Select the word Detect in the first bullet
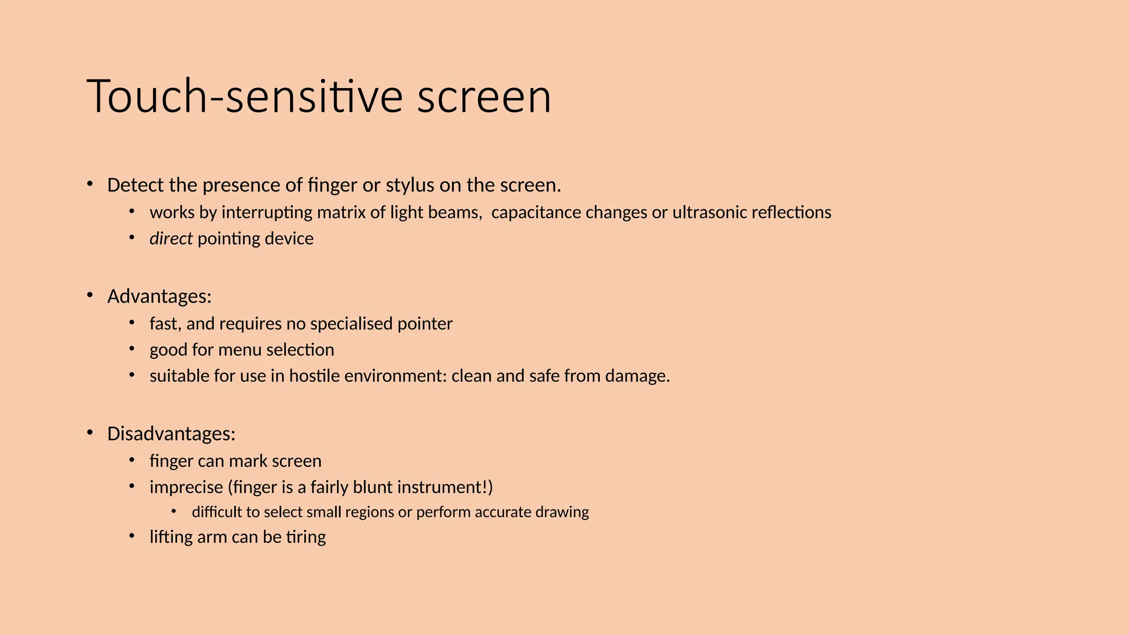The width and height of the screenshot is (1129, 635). pos(136,185)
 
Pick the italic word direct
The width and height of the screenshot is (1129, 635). pos(171,239)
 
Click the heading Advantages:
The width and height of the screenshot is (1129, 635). pos(159,297)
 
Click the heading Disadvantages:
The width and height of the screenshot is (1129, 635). pos(171,434)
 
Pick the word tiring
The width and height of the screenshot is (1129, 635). pos(306,537)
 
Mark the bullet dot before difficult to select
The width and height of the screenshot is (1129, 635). pos(174,512)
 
